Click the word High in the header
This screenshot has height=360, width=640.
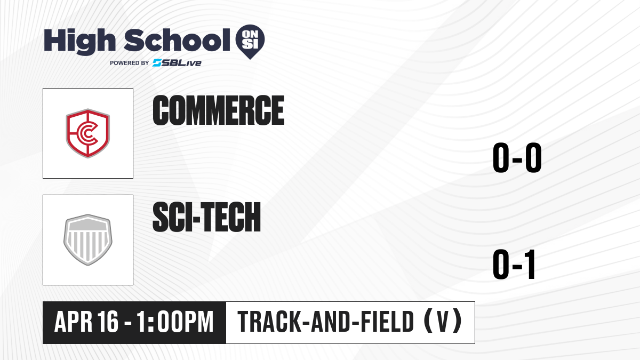(79, 42)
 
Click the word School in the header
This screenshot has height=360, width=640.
(177, 40)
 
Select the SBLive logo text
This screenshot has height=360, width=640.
(177, 63)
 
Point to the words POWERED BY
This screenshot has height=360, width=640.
(130, 63)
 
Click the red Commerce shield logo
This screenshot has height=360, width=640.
(87, 133)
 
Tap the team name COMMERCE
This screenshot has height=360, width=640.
(219, 110)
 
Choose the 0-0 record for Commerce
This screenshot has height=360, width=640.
(517, 158)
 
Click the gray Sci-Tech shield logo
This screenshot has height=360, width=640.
(87, 239)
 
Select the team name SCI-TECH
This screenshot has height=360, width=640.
(206, 217)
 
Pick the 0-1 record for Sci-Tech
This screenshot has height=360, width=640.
(514, 265)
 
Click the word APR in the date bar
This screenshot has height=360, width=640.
(74, 322)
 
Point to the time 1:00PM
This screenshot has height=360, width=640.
(175, 322)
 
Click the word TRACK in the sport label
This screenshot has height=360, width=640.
(269, 322)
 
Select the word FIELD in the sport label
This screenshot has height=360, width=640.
(387, 322)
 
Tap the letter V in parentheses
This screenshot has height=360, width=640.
(443, 322)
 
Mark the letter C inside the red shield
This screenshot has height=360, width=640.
(87, 133)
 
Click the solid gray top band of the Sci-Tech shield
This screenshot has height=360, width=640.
(87, 225)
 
